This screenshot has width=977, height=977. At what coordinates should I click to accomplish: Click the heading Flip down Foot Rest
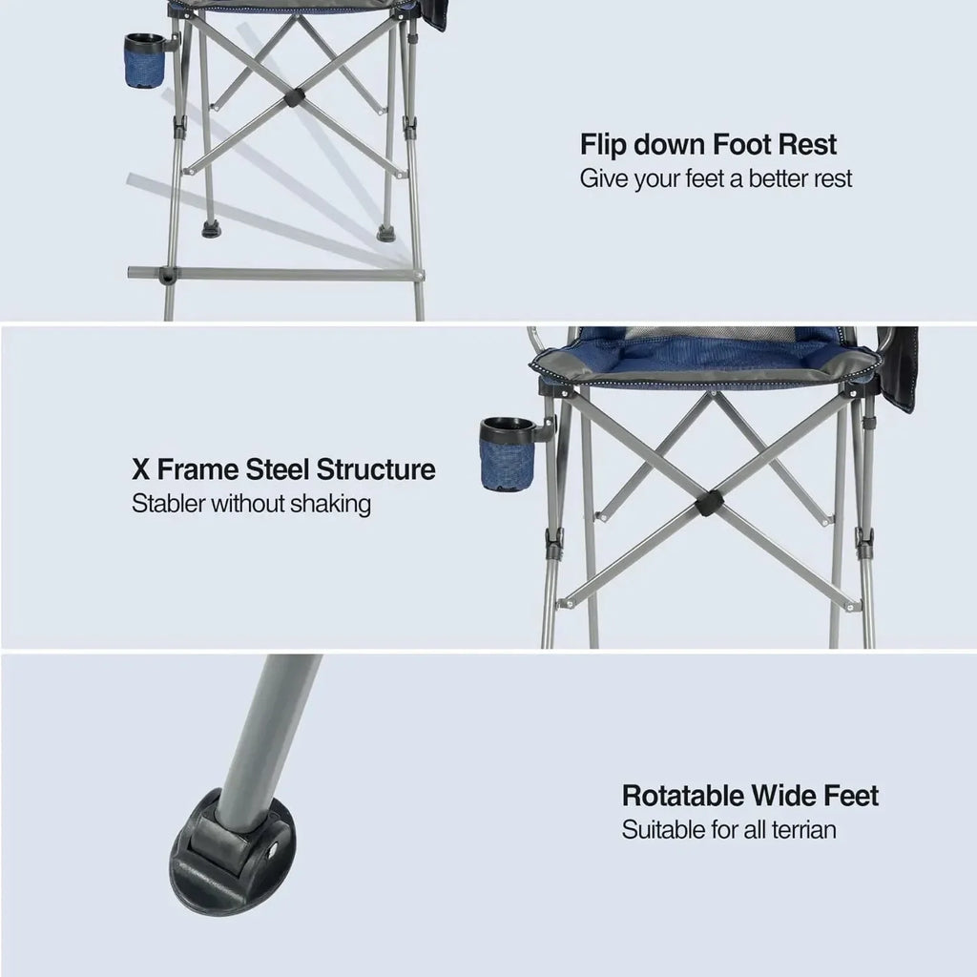[x=708, y=145]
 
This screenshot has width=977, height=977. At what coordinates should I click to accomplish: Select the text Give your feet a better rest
[x=716, y=178]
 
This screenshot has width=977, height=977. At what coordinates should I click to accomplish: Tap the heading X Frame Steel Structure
[x=283, y=469]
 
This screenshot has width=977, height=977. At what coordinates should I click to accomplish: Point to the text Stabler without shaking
[x=251, y=504]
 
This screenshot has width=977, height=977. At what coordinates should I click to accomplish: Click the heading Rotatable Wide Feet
[x=750, y=796]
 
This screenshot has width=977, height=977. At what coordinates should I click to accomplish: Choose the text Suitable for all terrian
[x=729, y=829]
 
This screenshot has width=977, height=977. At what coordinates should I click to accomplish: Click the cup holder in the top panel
[x=144, y=62]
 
